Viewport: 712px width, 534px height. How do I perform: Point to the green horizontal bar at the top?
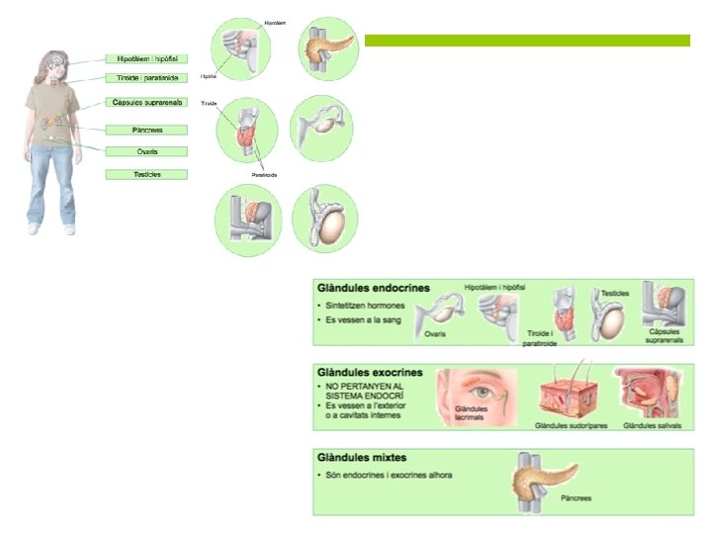tap(527, 41)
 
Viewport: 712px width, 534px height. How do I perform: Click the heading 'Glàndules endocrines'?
tap(374, 288)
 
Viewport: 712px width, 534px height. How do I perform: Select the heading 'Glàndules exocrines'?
tap(371, 373)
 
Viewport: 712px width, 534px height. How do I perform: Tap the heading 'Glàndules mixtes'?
tap(362, 458)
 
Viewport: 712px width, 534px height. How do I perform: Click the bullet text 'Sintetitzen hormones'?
tap(366, 307)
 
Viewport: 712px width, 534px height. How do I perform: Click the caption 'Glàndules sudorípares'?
tap(568, 427)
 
